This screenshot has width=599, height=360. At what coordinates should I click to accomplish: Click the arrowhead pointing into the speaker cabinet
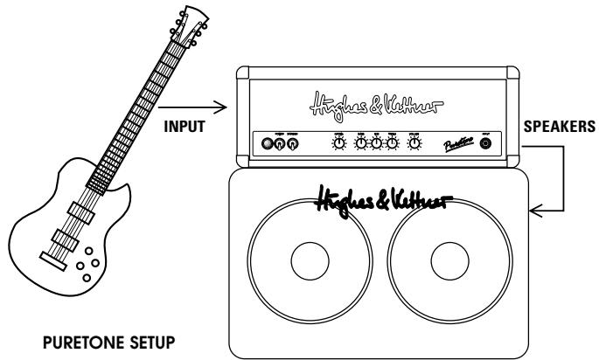[x=535, y=210]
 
